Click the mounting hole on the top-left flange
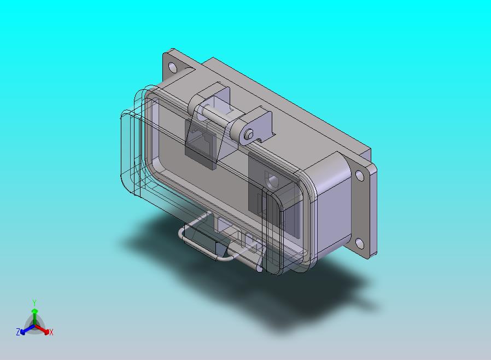[173, 67]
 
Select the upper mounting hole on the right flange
[360, 176]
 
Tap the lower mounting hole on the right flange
[360, 243]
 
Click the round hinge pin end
[249, 134]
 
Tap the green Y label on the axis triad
[34, 303]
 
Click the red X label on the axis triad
[51, 332]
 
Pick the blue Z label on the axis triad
[18, 332]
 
